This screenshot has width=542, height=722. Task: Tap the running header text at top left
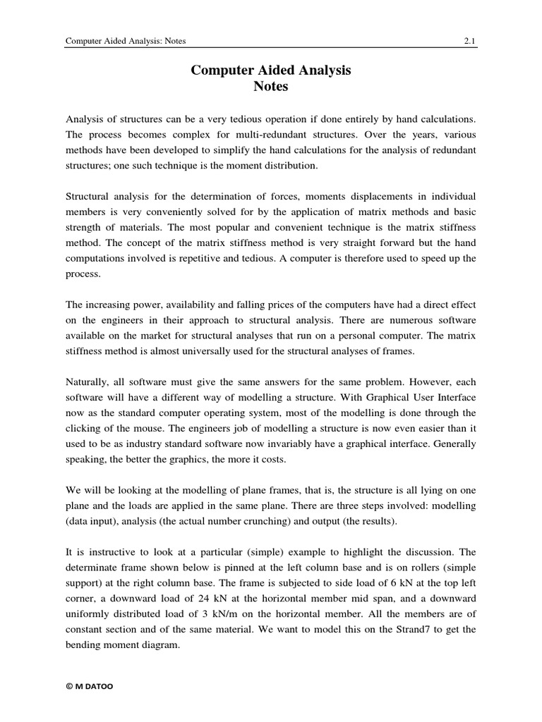coord(126,41)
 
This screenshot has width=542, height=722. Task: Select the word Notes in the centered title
coord(271,87)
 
